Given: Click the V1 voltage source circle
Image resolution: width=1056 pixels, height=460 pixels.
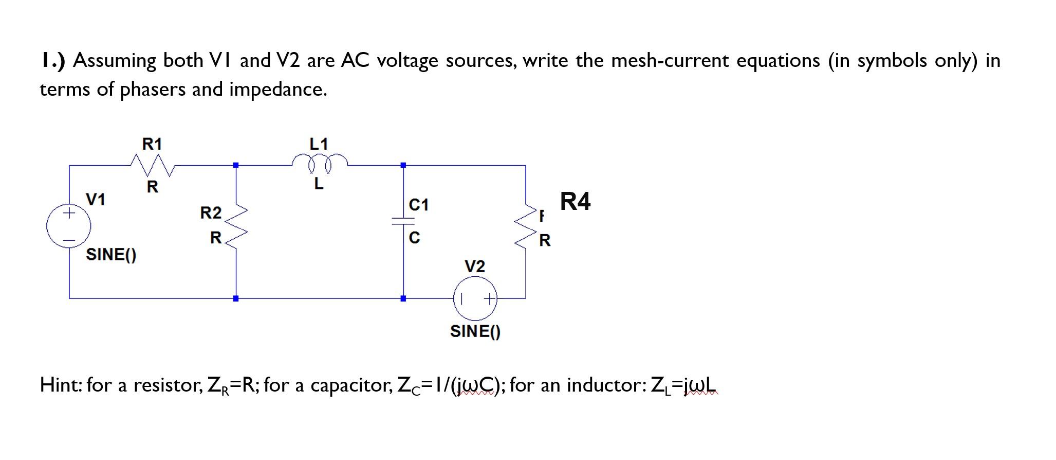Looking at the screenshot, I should (69, 226).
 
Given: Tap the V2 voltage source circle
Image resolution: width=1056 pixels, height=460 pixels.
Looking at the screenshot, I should (475, 298).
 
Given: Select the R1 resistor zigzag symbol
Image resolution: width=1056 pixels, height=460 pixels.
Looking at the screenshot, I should (153, 165).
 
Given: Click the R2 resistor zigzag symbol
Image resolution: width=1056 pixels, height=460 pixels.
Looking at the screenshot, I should (236, 227).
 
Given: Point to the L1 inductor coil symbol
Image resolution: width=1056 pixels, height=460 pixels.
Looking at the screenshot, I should (320, 162).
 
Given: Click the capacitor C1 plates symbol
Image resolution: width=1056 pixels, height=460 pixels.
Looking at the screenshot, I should (403, 221).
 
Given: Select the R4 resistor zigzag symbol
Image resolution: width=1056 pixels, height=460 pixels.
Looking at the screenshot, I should (526, 227).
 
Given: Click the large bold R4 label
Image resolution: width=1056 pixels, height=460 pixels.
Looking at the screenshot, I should (575, 201).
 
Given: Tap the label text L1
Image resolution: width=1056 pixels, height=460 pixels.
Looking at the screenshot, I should (319, 144).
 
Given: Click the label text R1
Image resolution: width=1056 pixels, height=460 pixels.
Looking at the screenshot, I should (152, 144).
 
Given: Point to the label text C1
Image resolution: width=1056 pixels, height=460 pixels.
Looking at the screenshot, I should (418, 205).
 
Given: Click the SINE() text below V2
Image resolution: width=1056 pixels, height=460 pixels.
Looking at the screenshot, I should (475, 331).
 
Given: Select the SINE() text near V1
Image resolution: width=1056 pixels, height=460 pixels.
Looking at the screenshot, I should (111, 254).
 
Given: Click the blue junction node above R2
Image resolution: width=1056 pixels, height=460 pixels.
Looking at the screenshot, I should (236, 165).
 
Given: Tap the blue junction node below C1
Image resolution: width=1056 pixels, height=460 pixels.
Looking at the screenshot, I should (403, 298).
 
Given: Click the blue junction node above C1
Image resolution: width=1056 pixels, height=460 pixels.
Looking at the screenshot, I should (403, 165).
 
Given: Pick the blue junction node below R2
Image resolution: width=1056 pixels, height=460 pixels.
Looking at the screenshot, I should (236, 298).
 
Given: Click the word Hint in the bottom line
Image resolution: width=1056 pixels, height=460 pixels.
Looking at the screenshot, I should (60, 385).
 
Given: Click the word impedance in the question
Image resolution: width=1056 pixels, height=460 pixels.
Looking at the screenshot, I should (277, 90).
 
